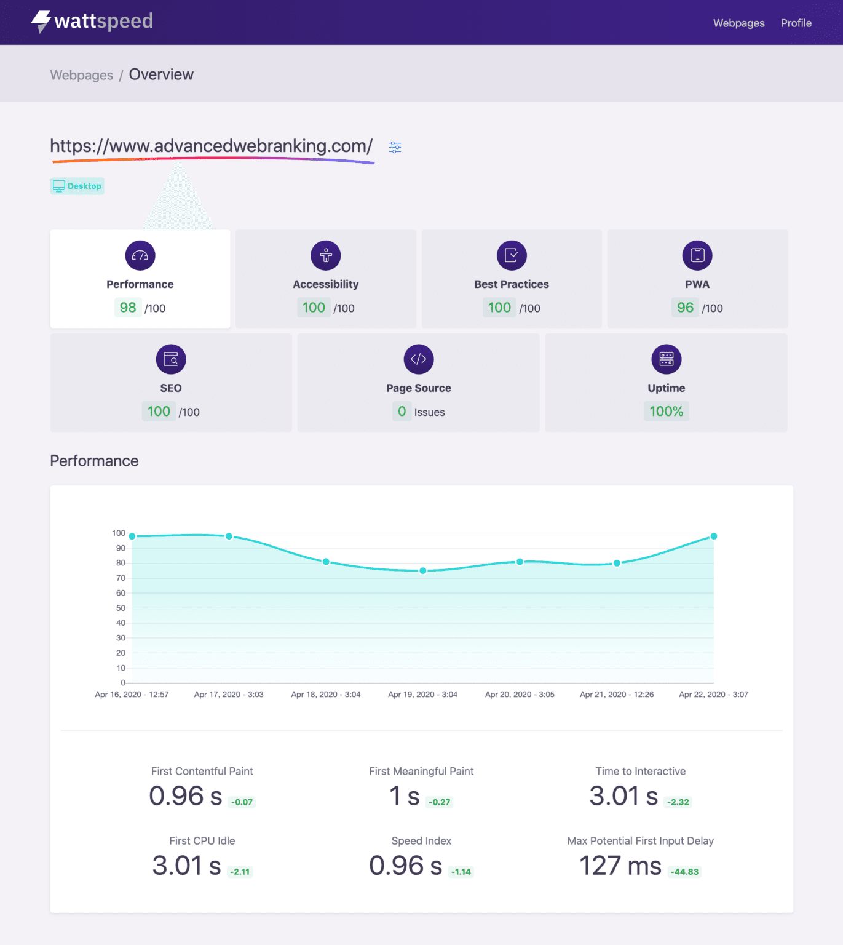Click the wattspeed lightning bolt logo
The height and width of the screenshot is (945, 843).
tap(41, 22)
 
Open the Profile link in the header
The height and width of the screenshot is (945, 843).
tap(796, 23)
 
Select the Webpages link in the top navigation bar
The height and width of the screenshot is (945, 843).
tap(738, 23)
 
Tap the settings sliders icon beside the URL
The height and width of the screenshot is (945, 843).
tap(395, 148)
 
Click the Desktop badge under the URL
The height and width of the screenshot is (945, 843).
tap(77, 186)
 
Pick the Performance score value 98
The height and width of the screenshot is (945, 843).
tap(128, 308)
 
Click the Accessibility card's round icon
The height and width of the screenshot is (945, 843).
tap(325, 255)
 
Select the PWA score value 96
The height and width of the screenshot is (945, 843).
tap(685, 308)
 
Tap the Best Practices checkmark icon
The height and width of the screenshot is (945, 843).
tap(512, 255)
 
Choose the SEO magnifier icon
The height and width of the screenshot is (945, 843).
tap(171, 359)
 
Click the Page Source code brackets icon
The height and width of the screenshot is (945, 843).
tap(418, 359)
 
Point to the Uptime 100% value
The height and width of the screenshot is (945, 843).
tap(666, 412)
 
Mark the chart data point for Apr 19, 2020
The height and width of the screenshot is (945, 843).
tap(423, 570)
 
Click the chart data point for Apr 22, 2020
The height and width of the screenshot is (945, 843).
tap(713, 536)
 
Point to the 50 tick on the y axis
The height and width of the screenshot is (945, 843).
tap(121, 608)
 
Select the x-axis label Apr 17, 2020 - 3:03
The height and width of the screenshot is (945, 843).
tap(229, 695)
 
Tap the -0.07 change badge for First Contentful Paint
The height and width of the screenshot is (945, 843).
tap(242, 802)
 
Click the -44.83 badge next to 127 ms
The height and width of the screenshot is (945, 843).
tap(684, 872)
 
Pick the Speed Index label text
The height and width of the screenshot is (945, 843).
tap(421, 840)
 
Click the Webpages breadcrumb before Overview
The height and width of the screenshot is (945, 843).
tap(82, 75)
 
